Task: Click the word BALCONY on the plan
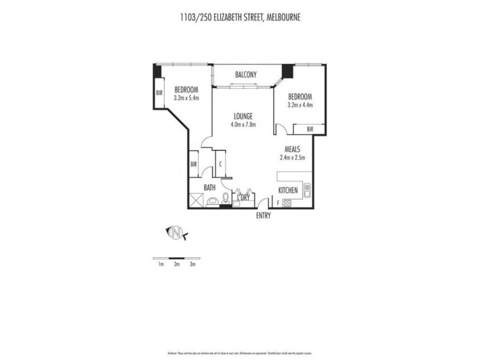[246, 74]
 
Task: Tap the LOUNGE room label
[243, 116]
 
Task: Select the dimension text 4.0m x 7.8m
[243, 125]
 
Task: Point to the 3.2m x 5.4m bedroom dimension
[186, 97]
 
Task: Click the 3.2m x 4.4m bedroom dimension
[300, 104]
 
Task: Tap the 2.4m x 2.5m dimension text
[293, 158]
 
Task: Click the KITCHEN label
[288, 191]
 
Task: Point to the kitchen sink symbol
[307, 191]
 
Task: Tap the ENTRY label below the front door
[264, 215]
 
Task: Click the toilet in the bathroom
[225, 199]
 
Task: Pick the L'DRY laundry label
[244, 197]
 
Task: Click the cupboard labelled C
[221, 164]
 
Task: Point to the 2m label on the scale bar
[176, 263]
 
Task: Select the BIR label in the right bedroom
[310, 129]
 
